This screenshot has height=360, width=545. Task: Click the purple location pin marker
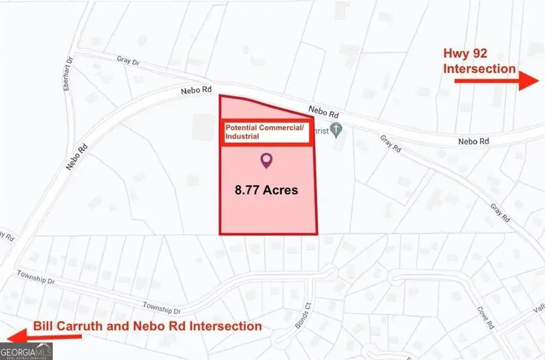pos(266,160)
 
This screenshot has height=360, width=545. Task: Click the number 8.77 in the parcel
pos(250,190)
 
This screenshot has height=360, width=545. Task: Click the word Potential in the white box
pos(242,128)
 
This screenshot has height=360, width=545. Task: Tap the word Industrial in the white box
pos(242,137)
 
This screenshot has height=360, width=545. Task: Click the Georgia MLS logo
pos(27,351)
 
